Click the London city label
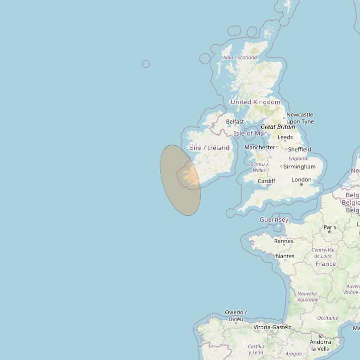tap(302, 179)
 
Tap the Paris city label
tap(330, 227)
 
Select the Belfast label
tap(235, 122)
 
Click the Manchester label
tap(260, 147)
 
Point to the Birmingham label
tap(299, 167)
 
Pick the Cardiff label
tap(266, 181)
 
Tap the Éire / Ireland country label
tap(210, 148)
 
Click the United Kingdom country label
tap(255, 102)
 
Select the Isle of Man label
tap(251, 134)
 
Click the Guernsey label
tap(274, 220)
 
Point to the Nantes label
tap(285, 256)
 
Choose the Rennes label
tap(283, 241)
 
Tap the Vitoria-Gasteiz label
tap(272, 327)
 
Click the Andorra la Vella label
tap(320, 345)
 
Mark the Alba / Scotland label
tap(239, 57)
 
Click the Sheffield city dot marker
tap(286, 149)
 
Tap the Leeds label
tap(285, 137)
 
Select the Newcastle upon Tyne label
tap(299, 118)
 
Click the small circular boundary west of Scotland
tap(146, 64)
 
